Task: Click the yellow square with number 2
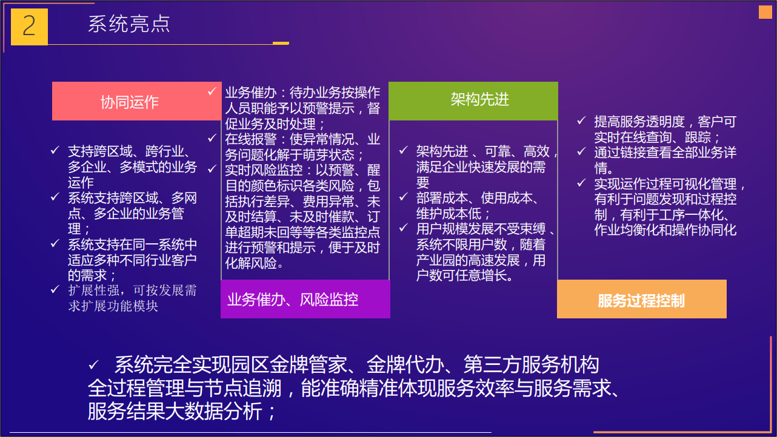click(29, 27)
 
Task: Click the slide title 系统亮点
click(129, 24)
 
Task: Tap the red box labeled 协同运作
click(136, 101)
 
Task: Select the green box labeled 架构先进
click(473, 101)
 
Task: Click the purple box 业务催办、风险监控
click(305, 299)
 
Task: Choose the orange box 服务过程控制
click(642, 299)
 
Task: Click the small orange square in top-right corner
click(765, 12)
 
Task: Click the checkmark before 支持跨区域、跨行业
click(55, 150)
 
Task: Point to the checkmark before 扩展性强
click(55, 289)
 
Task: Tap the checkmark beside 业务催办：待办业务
click(212, 91)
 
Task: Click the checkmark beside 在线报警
click(212, 138)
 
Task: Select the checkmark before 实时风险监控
click(212, 169)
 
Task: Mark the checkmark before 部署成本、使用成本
click(404, 197)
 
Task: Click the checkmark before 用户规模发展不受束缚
click(404, 228)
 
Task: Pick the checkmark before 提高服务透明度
click(581, 120)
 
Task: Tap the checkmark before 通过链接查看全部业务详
click(581, 151)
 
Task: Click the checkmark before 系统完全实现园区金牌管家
click(94, 364)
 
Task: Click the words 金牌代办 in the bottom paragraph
click(405, 364)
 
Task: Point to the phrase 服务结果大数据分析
click(175, 412)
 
